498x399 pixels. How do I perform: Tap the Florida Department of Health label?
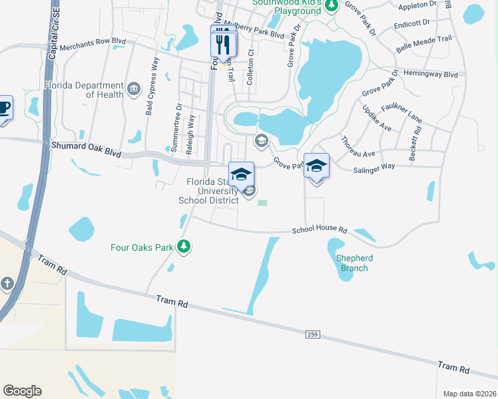coord(84,90)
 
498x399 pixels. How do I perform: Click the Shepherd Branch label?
coord(354,263)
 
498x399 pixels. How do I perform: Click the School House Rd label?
coord(320,230)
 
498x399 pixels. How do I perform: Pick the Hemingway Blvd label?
coord(431,75)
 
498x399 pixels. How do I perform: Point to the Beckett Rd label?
coord(416,136)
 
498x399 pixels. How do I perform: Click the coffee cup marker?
coord(3,108)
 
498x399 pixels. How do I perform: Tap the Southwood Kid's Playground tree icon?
coord(330,6)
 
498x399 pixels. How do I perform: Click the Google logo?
coord(22,391)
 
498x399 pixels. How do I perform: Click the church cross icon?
coord(7,284)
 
